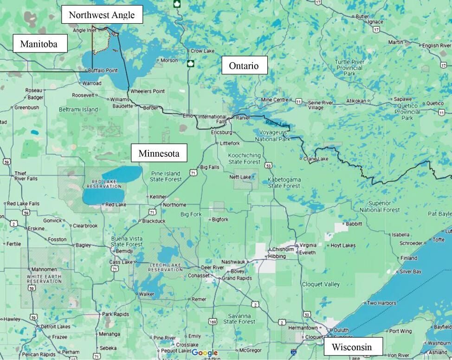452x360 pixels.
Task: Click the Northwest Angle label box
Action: coord(102,15)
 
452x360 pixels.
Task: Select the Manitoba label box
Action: coord(40,44)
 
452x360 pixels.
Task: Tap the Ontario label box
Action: coord(244,65)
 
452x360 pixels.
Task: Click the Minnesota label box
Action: coord(159,153)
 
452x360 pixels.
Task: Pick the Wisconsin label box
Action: coord(354,347)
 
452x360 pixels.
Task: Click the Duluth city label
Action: coord(341,330)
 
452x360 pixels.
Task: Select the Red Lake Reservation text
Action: coord(103,183)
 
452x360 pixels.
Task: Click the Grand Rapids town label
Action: coord(237,278)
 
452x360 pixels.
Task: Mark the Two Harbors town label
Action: coord(381,303)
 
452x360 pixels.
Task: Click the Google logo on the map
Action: coord(204,353)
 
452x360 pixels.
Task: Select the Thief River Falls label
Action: coord(26,175)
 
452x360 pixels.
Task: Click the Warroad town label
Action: coord(91,84)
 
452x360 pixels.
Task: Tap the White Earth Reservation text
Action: coord(44,278)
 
